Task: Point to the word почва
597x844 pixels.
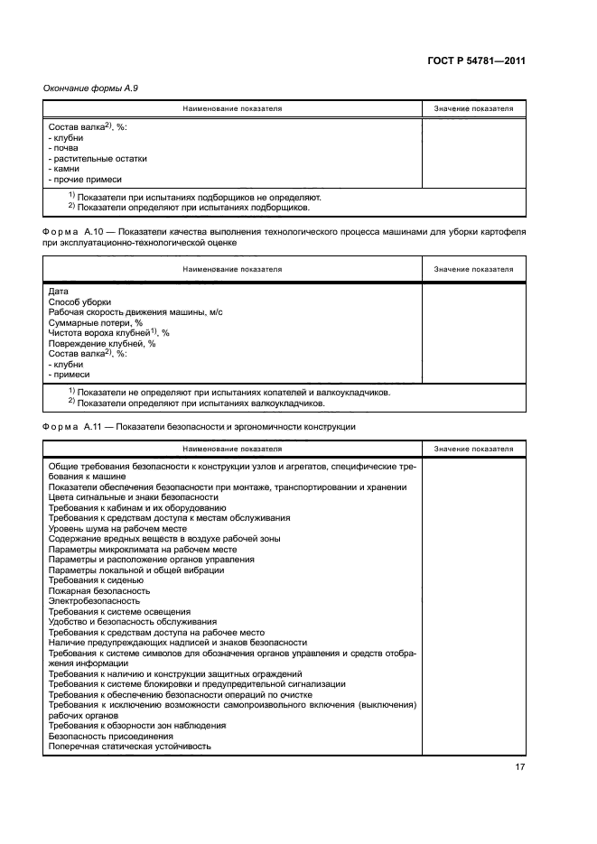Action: coord(67,148)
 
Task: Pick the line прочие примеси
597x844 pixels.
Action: coord(90,179)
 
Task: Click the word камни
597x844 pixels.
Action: coord(67,169)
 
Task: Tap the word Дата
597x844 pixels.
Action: coord(58,292)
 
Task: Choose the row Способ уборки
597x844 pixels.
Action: coord(79,301)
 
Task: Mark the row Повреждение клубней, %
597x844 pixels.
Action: coord(101,343)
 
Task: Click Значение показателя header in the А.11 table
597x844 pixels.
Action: coord(473,449)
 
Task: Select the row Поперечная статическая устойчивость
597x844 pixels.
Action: coord(129,747)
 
